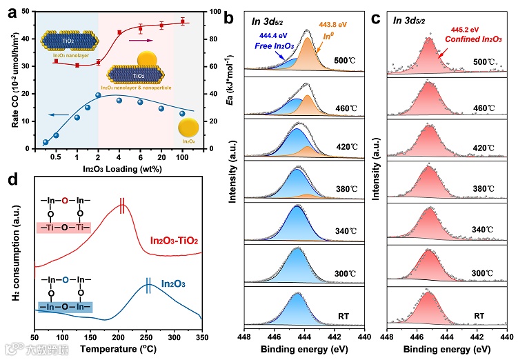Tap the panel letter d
point(12,181)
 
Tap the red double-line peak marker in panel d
point(142,206)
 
